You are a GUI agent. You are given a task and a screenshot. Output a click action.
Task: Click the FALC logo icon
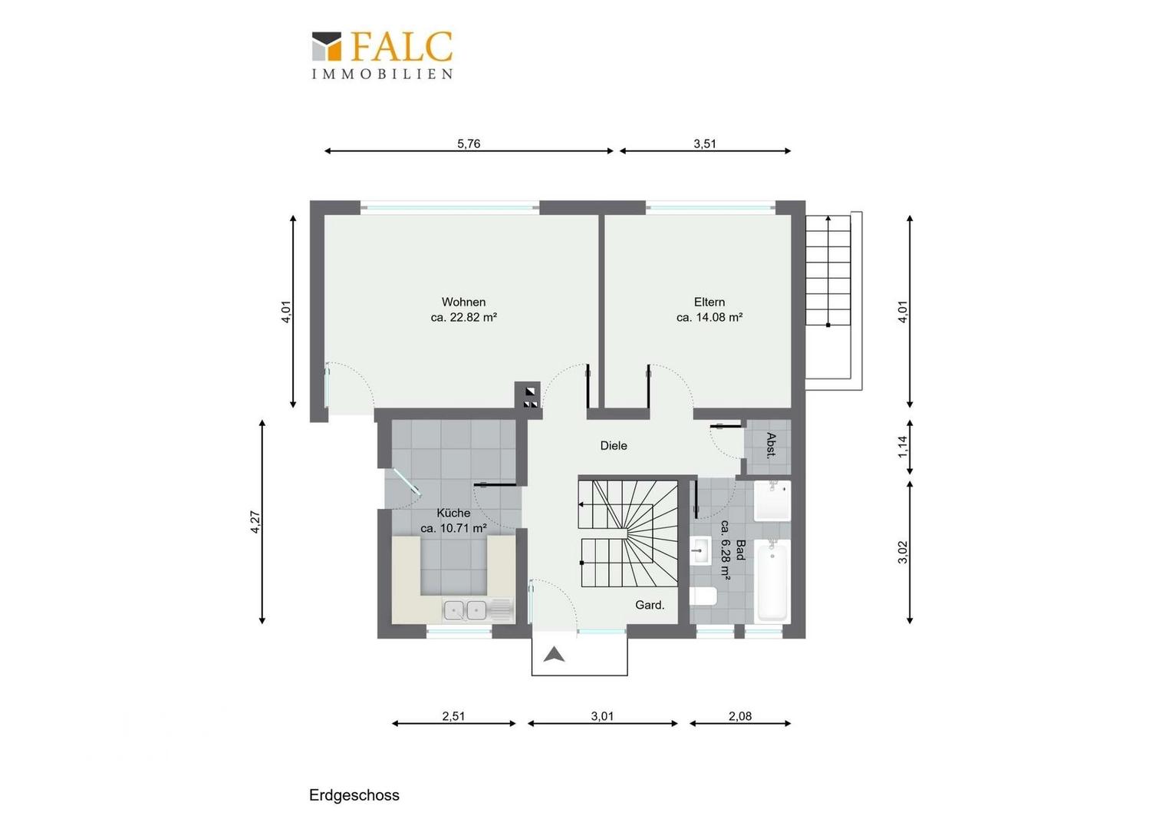coord(327,46)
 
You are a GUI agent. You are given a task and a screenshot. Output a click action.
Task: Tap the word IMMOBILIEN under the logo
coord(383,74)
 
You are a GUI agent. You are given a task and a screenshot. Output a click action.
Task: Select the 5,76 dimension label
coord(469,144)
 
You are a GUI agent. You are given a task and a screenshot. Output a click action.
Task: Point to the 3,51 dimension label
coord(705,144)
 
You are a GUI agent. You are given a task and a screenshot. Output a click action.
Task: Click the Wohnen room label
coord(463,302)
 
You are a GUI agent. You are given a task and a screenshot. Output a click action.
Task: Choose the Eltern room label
coord(709,302)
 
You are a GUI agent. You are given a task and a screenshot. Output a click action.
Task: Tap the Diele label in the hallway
coord(614,446)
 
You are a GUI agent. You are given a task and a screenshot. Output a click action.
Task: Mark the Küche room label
coord(453,514)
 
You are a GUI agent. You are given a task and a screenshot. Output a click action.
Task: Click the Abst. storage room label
coord(771,446)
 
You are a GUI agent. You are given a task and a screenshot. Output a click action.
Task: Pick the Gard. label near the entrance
coord(650,606)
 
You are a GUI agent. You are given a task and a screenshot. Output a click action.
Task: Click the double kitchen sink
coord(465,610)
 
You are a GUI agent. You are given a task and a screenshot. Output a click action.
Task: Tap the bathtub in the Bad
coord(772,581)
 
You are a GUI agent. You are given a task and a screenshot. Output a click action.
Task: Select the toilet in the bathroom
coord(703,596)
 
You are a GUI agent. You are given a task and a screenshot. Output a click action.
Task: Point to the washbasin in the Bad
coord(700,550)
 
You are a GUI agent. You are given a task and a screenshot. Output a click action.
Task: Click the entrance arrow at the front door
coord(554,655)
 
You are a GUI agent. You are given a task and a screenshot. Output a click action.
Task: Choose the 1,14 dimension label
coord(904,447)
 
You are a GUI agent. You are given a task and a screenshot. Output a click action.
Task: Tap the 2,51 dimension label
coord(453,716)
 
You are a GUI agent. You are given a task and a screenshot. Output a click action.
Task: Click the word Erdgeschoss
coord(354,795)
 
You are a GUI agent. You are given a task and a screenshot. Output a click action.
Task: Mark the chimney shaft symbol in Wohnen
coord(528,395)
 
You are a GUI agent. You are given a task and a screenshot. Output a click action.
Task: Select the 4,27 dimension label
coord(256,522)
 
